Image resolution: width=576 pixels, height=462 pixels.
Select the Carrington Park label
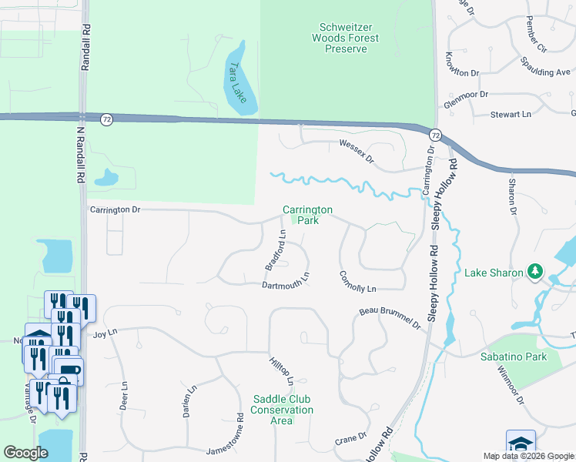pos(307,215)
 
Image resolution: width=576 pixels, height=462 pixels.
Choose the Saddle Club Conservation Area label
pos(283,410)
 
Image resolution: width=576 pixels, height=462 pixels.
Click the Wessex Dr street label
pos(356,152)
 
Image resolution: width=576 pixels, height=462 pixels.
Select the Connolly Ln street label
pos(357,281)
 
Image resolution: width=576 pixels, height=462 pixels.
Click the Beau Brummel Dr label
pos(390,318)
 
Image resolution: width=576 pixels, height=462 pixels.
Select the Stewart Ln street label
pos(511,114)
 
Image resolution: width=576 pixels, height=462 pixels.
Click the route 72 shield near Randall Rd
pos(106,119)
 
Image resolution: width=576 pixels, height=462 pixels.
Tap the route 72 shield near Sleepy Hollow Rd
pos(435,135)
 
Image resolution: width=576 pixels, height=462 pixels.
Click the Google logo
pos(26,453)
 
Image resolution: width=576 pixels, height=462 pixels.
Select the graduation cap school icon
pos(521,443)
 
